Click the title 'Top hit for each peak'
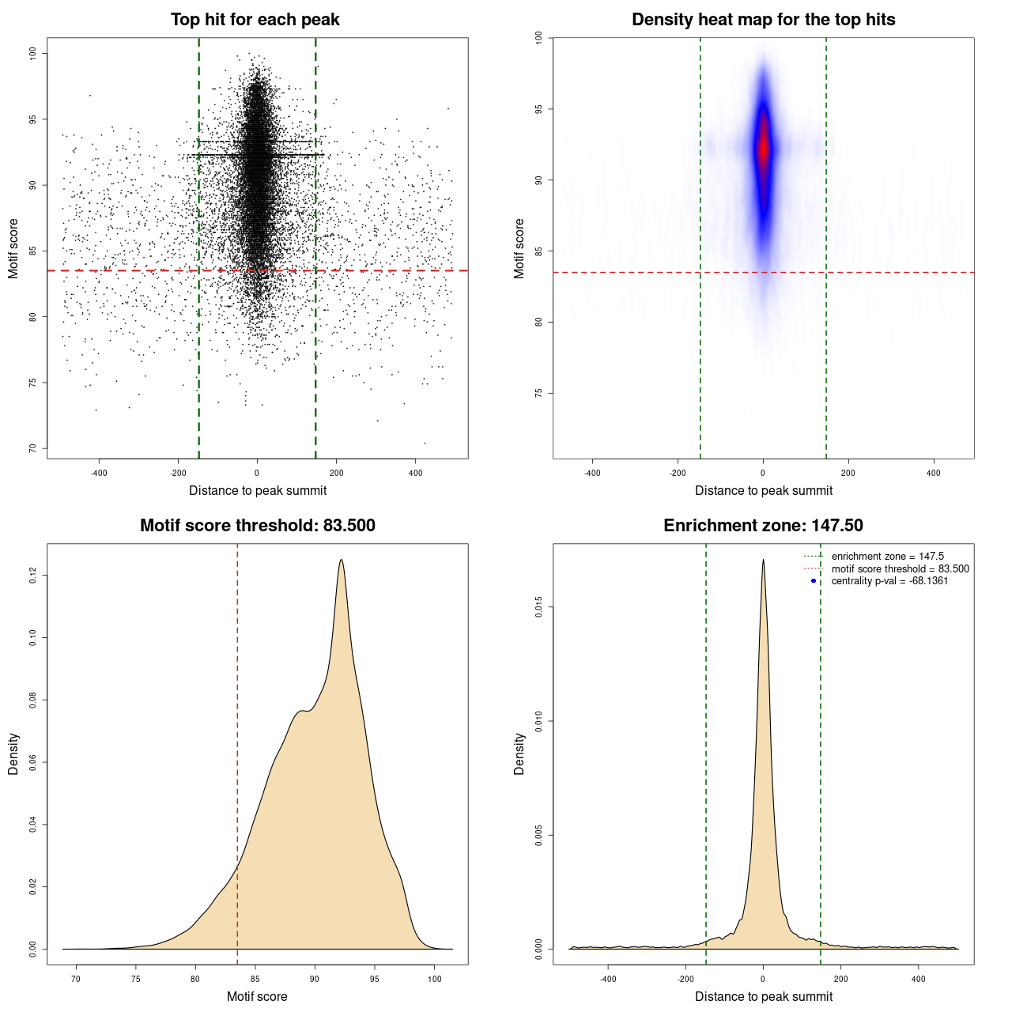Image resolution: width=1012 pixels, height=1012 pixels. [x=255, y=20]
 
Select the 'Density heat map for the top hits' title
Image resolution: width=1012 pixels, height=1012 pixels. [x=763, y=20]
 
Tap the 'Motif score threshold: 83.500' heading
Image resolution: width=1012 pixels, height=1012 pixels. [x=257, y=526]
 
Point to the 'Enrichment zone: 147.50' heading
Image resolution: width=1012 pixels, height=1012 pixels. [x=763, y=526]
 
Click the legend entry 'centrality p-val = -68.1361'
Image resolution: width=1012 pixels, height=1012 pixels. [x=889, y=581]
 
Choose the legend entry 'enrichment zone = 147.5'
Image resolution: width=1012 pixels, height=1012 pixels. [x=887, y=557]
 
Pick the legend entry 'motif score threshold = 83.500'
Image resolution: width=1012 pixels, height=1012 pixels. [x=900, y=569]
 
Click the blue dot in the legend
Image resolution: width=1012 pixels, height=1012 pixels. [x=814, y=581]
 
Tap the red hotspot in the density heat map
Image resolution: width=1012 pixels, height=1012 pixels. [x=763, y=148]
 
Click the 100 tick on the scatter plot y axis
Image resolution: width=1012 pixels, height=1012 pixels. [x=32, y=53]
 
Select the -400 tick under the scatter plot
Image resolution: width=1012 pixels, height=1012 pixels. [x=99, y=473]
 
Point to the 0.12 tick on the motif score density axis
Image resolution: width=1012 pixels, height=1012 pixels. [x=32, y=576]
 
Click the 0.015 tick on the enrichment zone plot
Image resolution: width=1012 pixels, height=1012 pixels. [x=538, y=607]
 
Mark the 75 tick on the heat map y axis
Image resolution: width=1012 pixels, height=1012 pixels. [x=538, y=393]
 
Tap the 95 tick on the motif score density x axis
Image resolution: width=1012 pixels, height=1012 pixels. [x=375, y=979]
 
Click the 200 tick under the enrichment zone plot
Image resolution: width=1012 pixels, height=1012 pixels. [x=840, y=979]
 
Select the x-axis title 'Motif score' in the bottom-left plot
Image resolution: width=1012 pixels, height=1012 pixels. [x=257, y=996]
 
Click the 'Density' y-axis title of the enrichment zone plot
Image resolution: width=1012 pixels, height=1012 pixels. [x=519, y=753]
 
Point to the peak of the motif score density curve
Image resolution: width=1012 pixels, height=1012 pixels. [x=342, y=560]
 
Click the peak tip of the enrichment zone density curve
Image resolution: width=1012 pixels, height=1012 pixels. [x=763, y=560]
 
